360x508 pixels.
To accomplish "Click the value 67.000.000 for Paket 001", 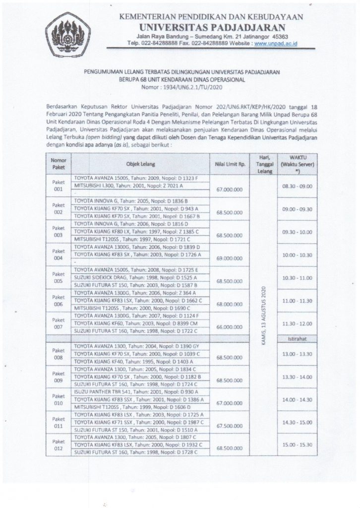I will tap(229, 189).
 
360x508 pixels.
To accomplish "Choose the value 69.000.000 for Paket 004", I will tap(229, 258).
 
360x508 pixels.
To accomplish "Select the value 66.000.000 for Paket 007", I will tap(229, 328).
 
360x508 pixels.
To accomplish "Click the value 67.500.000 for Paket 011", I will tap(229, 425).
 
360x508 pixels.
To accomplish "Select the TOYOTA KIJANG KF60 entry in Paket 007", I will tap(129, 323).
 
